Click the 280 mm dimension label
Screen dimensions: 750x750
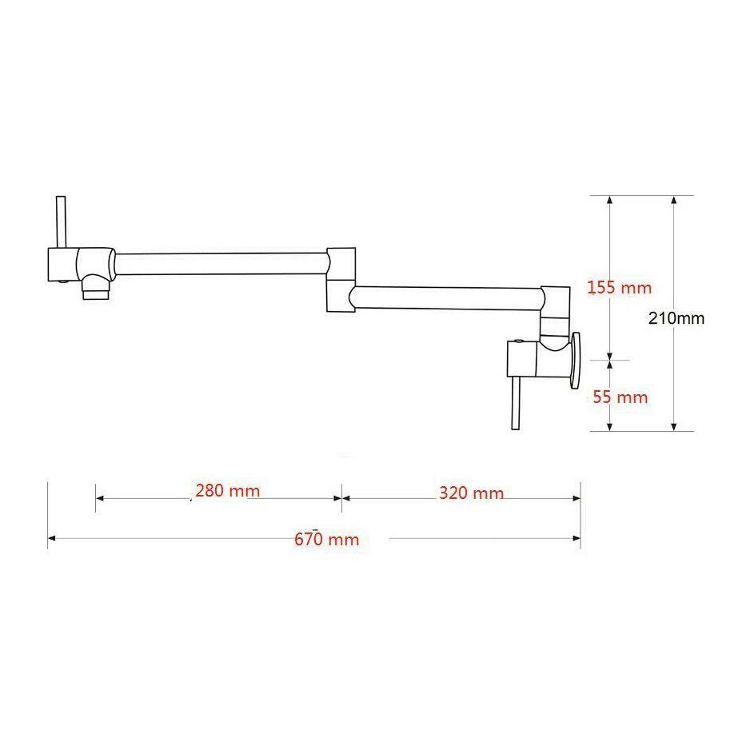227,490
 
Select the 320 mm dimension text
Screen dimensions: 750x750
471,493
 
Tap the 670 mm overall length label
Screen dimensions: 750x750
326,539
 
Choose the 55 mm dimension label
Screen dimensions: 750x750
620,397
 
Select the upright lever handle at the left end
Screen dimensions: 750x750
60,221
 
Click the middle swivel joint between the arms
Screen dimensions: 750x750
341,279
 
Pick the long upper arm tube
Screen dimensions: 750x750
220,264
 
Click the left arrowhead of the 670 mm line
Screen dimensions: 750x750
51,539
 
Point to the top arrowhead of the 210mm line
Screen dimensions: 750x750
674,200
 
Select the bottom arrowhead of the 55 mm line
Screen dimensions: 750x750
610,425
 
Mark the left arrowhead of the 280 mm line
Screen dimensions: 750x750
99,497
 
